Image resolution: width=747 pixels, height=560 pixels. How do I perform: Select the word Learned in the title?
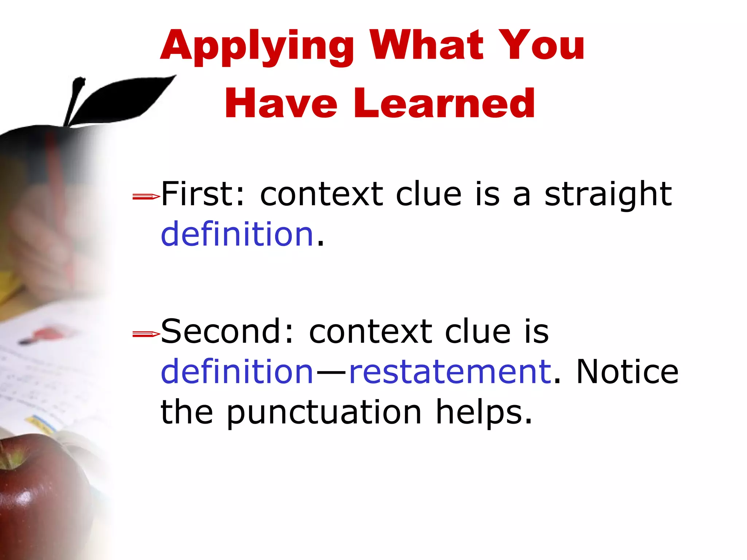tap(444, 104)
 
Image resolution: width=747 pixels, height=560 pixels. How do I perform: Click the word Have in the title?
tap(280, 104)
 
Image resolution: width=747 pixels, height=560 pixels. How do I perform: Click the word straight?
tap(608, 195)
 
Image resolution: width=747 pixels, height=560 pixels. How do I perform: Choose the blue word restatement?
tap(450, 372)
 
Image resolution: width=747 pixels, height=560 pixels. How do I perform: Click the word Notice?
tap(627, 372)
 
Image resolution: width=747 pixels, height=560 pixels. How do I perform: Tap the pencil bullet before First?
tap(146, 197)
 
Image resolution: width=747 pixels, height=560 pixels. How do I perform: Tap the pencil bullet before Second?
tap(146, 334)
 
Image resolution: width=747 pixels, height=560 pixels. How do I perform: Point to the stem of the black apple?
tap(75, 100)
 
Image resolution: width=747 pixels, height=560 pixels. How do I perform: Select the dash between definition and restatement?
tap(331, 373)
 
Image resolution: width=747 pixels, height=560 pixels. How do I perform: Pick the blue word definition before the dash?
tap(237, 372)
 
